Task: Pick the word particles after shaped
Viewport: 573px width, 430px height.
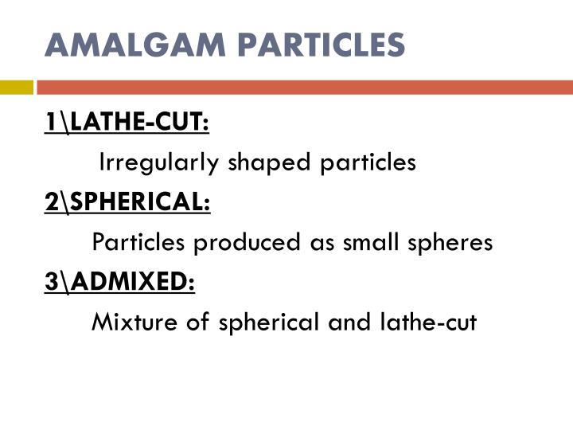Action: click(x=368, y=163)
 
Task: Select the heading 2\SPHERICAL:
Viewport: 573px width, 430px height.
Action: click(x=127, y=203)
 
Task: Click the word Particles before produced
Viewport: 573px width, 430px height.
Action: click(x=139, y=242)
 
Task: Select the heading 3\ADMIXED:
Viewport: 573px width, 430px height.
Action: click(x=119, y=282)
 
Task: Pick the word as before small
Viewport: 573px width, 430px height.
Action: click(x=321, y=242)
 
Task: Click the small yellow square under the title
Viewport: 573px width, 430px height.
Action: click(x=16, y=86)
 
